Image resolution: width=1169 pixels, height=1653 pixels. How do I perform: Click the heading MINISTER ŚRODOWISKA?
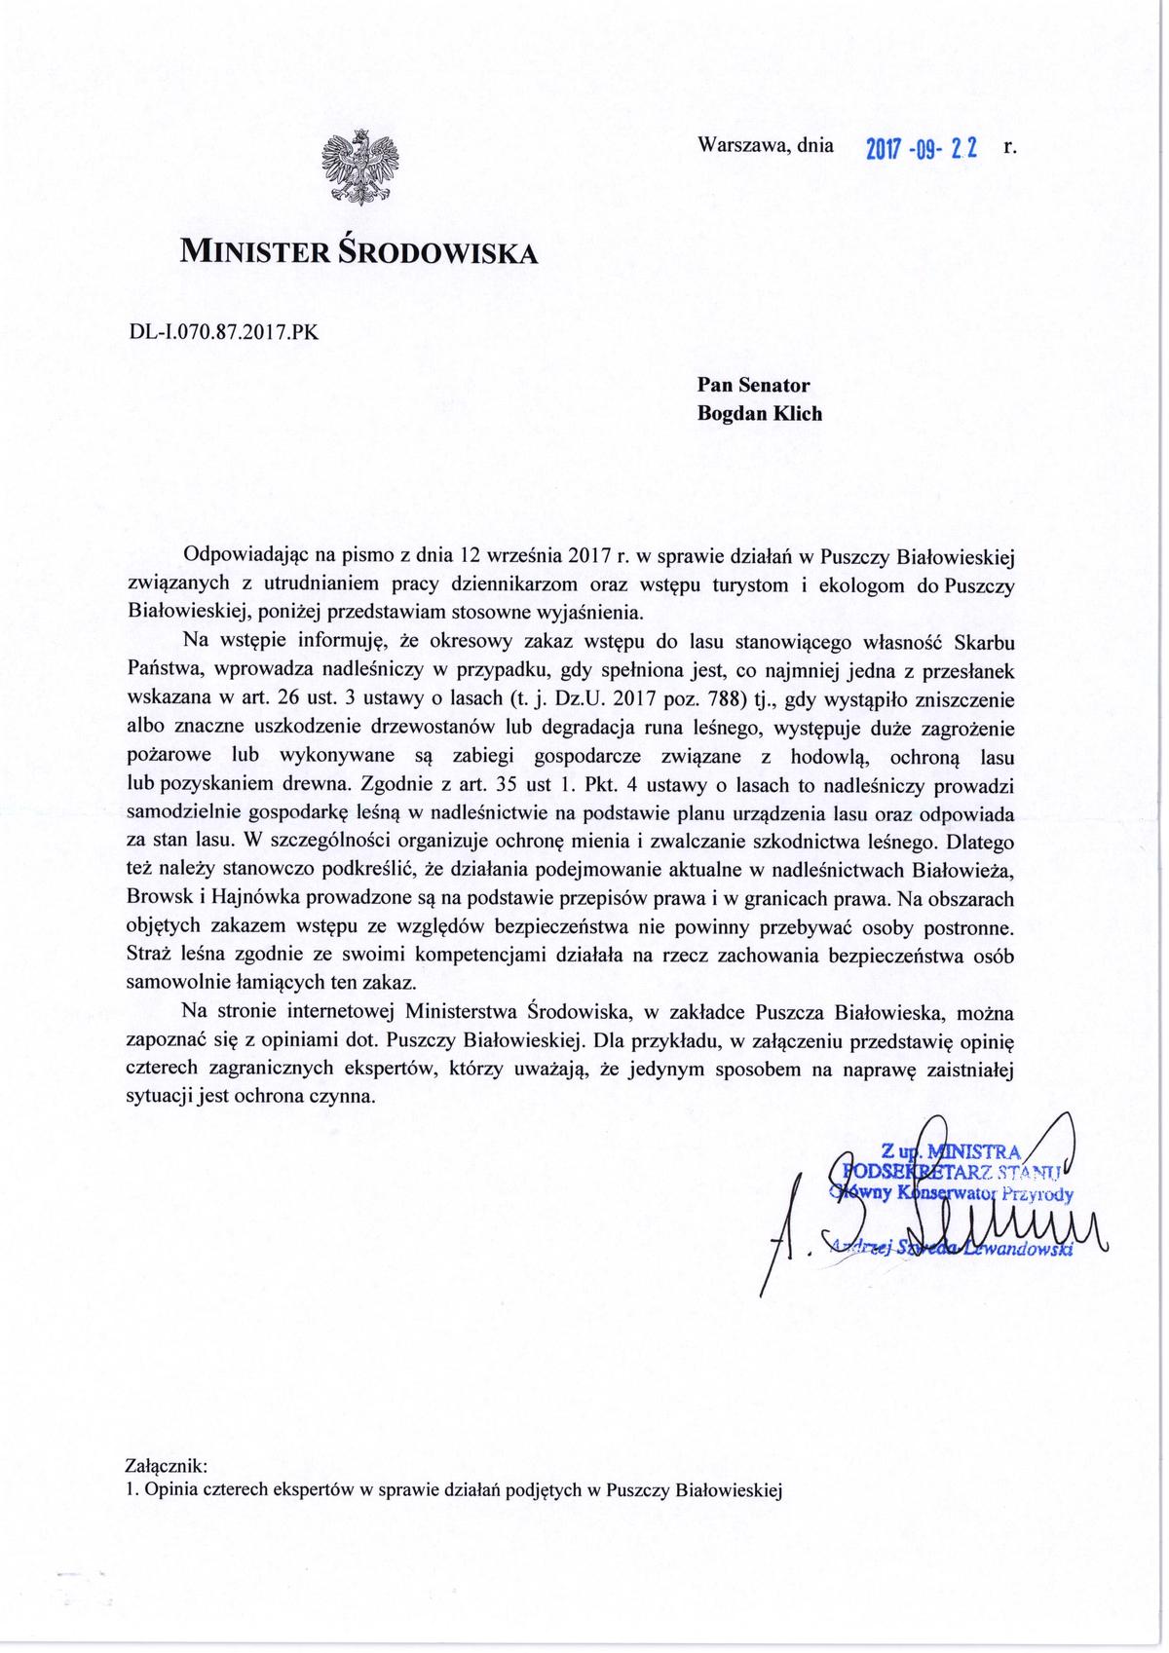358,253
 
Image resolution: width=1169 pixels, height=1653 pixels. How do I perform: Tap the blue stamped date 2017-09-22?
921,149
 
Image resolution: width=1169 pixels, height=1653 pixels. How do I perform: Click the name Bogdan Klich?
760,413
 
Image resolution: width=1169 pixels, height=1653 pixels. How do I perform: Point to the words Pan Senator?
753,386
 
